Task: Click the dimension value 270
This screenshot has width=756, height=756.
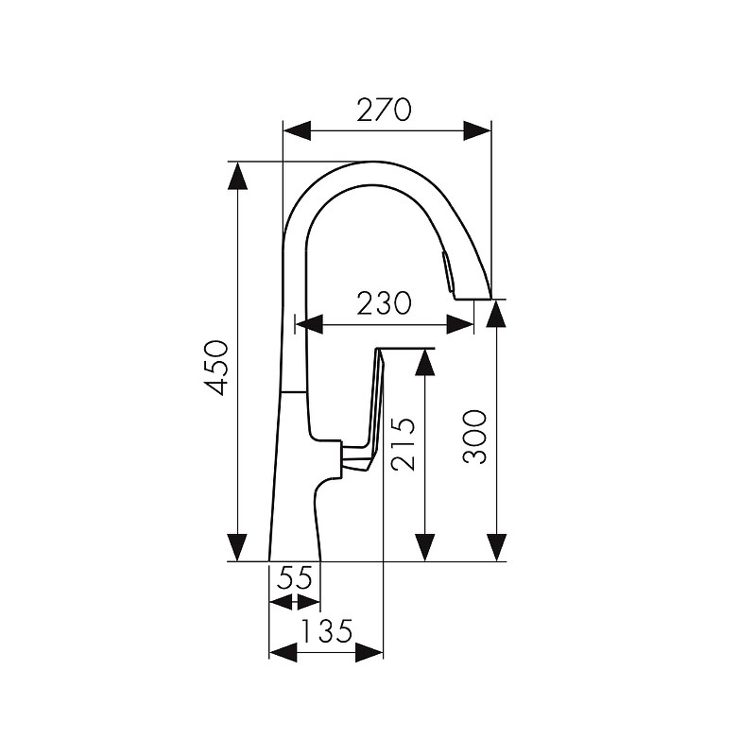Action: click(x=384, y=110)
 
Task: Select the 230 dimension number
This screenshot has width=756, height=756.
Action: click(x=384, y=303)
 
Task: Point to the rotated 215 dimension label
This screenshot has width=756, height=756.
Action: click(x=403, y=443)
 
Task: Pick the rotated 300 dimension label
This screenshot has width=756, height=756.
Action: click(x=474, y=438)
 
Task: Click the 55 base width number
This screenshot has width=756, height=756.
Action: click(x=295, y=577)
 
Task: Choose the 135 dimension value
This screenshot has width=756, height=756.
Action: click(x=327, y=630)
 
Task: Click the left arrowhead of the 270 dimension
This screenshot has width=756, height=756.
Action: click(x=297, y=130)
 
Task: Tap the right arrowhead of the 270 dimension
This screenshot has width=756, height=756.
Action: click(x=477, y=130)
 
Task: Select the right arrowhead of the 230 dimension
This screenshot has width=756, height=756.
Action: click(x=460, y=324)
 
